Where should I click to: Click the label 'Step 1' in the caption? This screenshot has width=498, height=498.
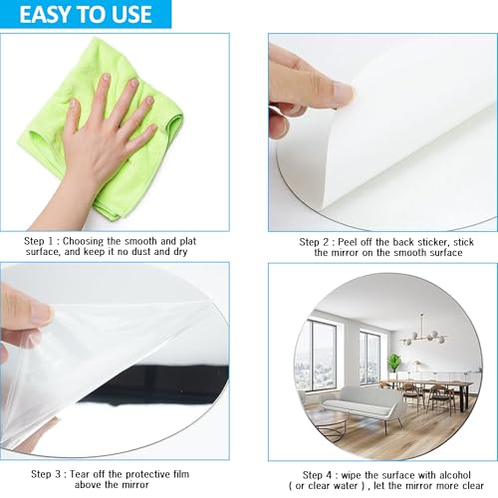point(39,241)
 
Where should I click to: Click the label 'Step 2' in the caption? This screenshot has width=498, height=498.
point(314,242)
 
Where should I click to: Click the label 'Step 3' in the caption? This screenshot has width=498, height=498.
point(46,474)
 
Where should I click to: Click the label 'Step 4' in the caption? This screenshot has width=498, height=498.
point(318,475)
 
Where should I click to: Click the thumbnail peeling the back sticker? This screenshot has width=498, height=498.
point(344,93)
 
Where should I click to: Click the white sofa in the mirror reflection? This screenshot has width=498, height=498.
point(362,405)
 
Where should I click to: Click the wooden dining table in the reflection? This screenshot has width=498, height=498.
point(426,385)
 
